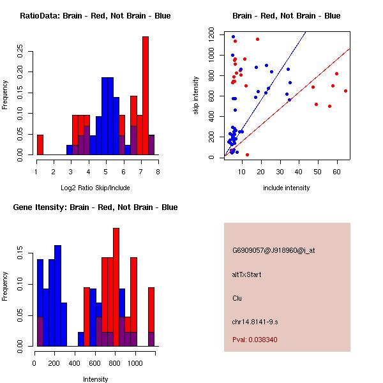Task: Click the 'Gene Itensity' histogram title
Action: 95,207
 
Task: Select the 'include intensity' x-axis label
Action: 287,188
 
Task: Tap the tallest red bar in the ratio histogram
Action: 146,96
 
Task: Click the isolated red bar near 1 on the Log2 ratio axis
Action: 40,145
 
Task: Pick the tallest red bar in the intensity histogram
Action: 116,287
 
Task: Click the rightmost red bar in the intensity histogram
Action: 151,317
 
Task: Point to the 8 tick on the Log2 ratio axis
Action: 158,171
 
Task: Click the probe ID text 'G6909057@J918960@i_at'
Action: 274,250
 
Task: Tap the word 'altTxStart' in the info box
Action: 247,274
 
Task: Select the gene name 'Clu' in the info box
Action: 237,298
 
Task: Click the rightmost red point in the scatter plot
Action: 345,91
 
